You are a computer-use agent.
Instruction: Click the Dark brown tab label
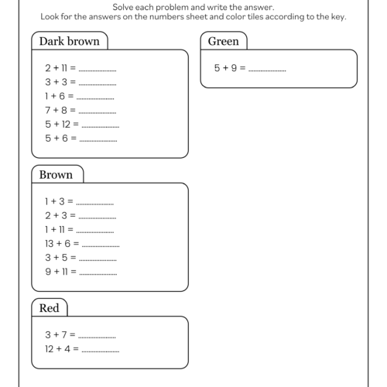69,41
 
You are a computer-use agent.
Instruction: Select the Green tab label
224,41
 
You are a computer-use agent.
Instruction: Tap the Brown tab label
56,175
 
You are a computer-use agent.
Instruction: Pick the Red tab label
49,308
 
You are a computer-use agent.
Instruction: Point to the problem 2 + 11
60,68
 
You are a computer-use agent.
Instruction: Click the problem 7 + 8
58,110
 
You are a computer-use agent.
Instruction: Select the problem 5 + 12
60,124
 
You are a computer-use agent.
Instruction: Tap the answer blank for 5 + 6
98,139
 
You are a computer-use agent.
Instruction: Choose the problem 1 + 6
58,96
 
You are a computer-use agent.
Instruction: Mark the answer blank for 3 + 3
98,83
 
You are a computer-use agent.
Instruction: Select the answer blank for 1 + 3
95,203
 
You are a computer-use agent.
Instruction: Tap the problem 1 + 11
58,229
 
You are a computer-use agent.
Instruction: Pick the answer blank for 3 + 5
98,259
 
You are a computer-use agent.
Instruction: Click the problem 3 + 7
58,334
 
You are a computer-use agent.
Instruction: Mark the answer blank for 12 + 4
101,350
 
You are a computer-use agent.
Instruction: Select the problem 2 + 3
58,215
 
